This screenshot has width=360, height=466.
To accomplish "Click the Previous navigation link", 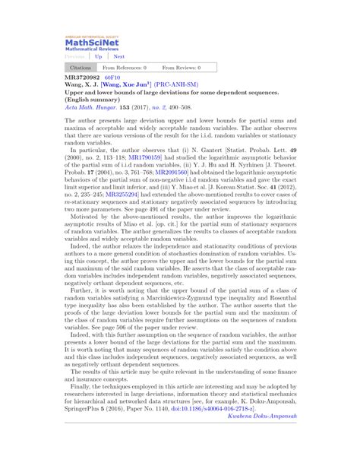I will tap(74, 56).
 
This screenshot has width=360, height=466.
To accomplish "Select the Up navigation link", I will tap(98, 56).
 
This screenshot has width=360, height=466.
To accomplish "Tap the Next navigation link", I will tap(118, 56).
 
